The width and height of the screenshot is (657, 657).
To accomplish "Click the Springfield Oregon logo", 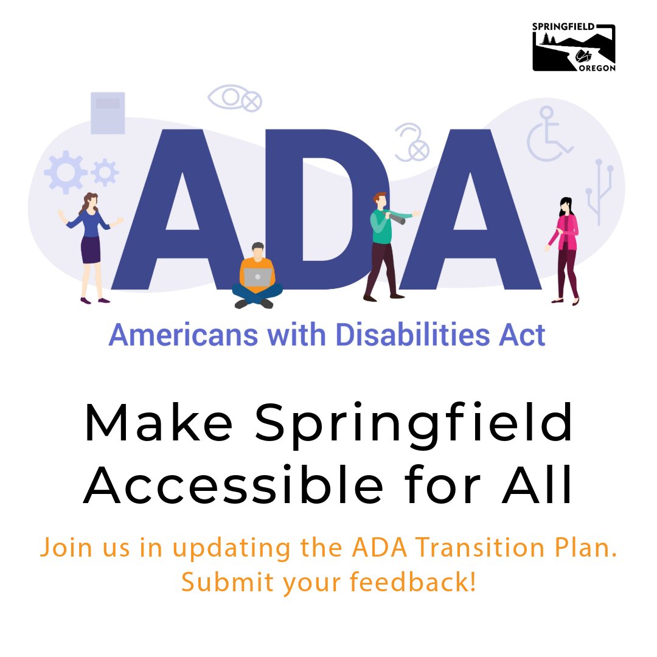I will [574, 48].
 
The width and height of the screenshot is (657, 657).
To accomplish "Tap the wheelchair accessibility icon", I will [549, 135].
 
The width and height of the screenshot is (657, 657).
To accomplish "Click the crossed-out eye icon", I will [235, 98].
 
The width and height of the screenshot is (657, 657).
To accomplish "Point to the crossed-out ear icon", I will [412, 143].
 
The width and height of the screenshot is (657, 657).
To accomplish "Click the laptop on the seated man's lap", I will [258, 277].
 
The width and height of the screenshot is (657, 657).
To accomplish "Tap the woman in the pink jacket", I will [566, 249].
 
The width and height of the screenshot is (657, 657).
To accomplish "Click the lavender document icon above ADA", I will [108, 113].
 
